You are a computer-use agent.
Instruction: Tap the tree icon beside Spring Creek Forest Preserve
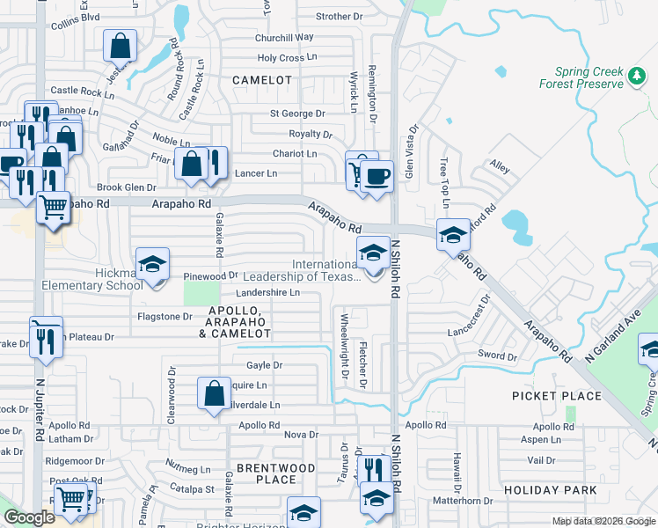coord(637,77)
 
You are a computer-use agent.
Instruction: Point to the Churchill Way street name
coord(284,38)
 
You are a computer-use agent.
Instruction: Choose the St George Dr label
coord(297,114)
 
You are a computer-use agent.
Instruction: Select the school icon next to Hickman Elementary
coord(151,264)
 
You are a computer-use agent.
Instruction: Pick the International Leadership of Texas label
coord(325,271)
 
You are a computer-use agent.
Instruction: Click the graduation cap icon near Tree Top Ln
coord(453,235)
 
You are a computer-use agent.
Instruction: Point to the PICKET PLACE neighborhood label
coord(557,396)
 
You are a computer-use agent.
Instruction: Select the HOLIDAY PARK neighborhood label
coord(551,489)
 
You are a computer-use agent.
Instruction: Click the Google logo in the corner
coord(29,517)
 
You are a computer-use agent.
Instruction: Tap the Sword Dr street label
coord(498,356)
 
